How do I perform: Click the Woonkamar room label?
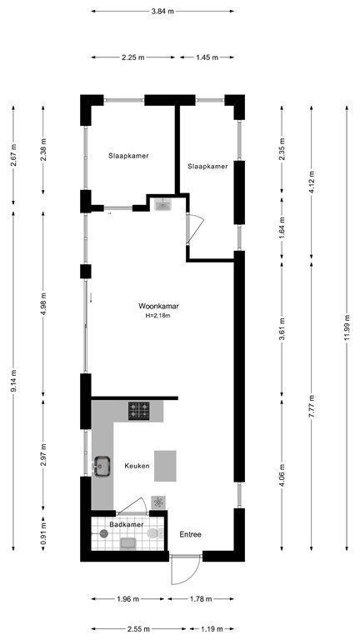coord(159,306)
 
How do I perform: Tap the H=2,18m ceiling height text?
coord(159,315)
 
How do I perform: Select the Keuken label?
coord(137,466)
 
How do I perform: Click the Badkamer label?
coord(127,524)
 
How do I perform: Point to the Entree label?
coord(191,534)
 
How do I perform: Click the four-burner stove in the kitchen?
coord(139,411)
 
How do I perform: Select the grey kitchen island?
coord(165,466)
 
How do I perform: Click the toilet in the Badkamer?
coord(155,533)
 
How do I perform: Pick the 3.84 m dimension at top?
coord(162,12)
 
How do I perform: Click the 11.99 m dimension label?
coord(347,327)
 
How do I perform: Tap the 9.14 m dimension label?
coord(13,381)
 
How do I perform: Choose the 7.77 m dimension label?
coord(312,406)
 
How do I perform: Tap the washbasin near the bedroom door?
coord(164,203)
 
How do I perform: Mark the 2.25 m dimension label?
coord(133,57)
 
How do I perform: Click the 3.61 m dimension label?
coord(282,328)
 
